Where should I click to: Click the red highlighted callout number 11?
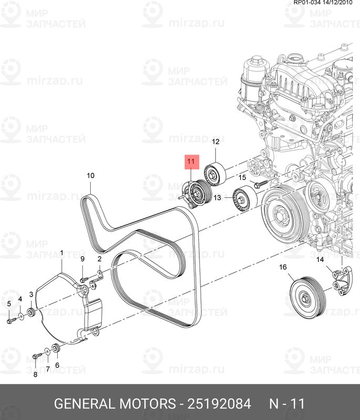[190, 161]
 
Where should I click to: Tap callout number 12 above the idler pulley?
[216, 141]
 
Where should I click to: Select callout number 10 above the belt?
[90, 175]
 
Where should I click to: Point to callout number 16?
[283, 267]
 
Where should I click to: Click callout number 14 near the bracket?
[320, 259]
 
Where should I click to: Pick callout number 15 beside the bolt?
[242, 177]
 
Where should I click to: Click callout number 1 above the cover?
[61, 253]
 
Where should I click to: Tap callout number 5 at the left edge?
[9, 303]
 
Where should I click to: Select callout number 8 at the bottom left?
[35, 374]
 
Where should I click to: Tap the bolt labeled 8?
[37, 356]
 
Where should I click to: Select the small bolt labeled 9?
[83, 280]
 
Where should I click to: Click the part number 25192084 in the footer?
[219, 404]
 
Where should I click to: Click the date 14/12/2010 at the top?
[337, 3]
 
